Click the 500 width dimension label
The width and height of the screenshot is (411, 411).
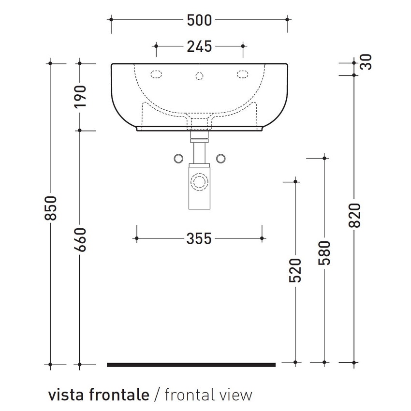199,20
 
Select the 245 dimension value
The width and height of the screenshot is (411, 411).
199,46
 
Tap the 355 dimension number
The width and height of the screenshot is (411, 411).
199,238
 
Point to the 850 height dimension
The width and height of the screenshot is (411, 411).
51,208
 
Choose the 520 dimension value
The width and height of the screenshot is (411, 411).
295,271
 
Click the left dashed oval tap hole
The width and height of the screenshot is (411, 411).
157,74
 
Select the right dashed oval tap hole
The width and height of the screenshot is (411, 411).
242,74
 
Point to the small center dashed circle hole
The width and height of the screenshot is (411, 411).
199,75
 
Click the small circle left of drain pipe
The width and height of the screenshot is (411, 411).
177,159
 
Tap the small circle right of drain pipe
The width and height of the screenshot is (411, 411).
221,159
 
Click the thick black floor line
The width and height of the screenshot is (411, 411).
191,365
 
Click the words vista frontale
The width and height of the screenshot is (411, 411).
99,395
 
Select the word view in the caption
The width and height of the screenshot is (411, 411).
235,395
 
